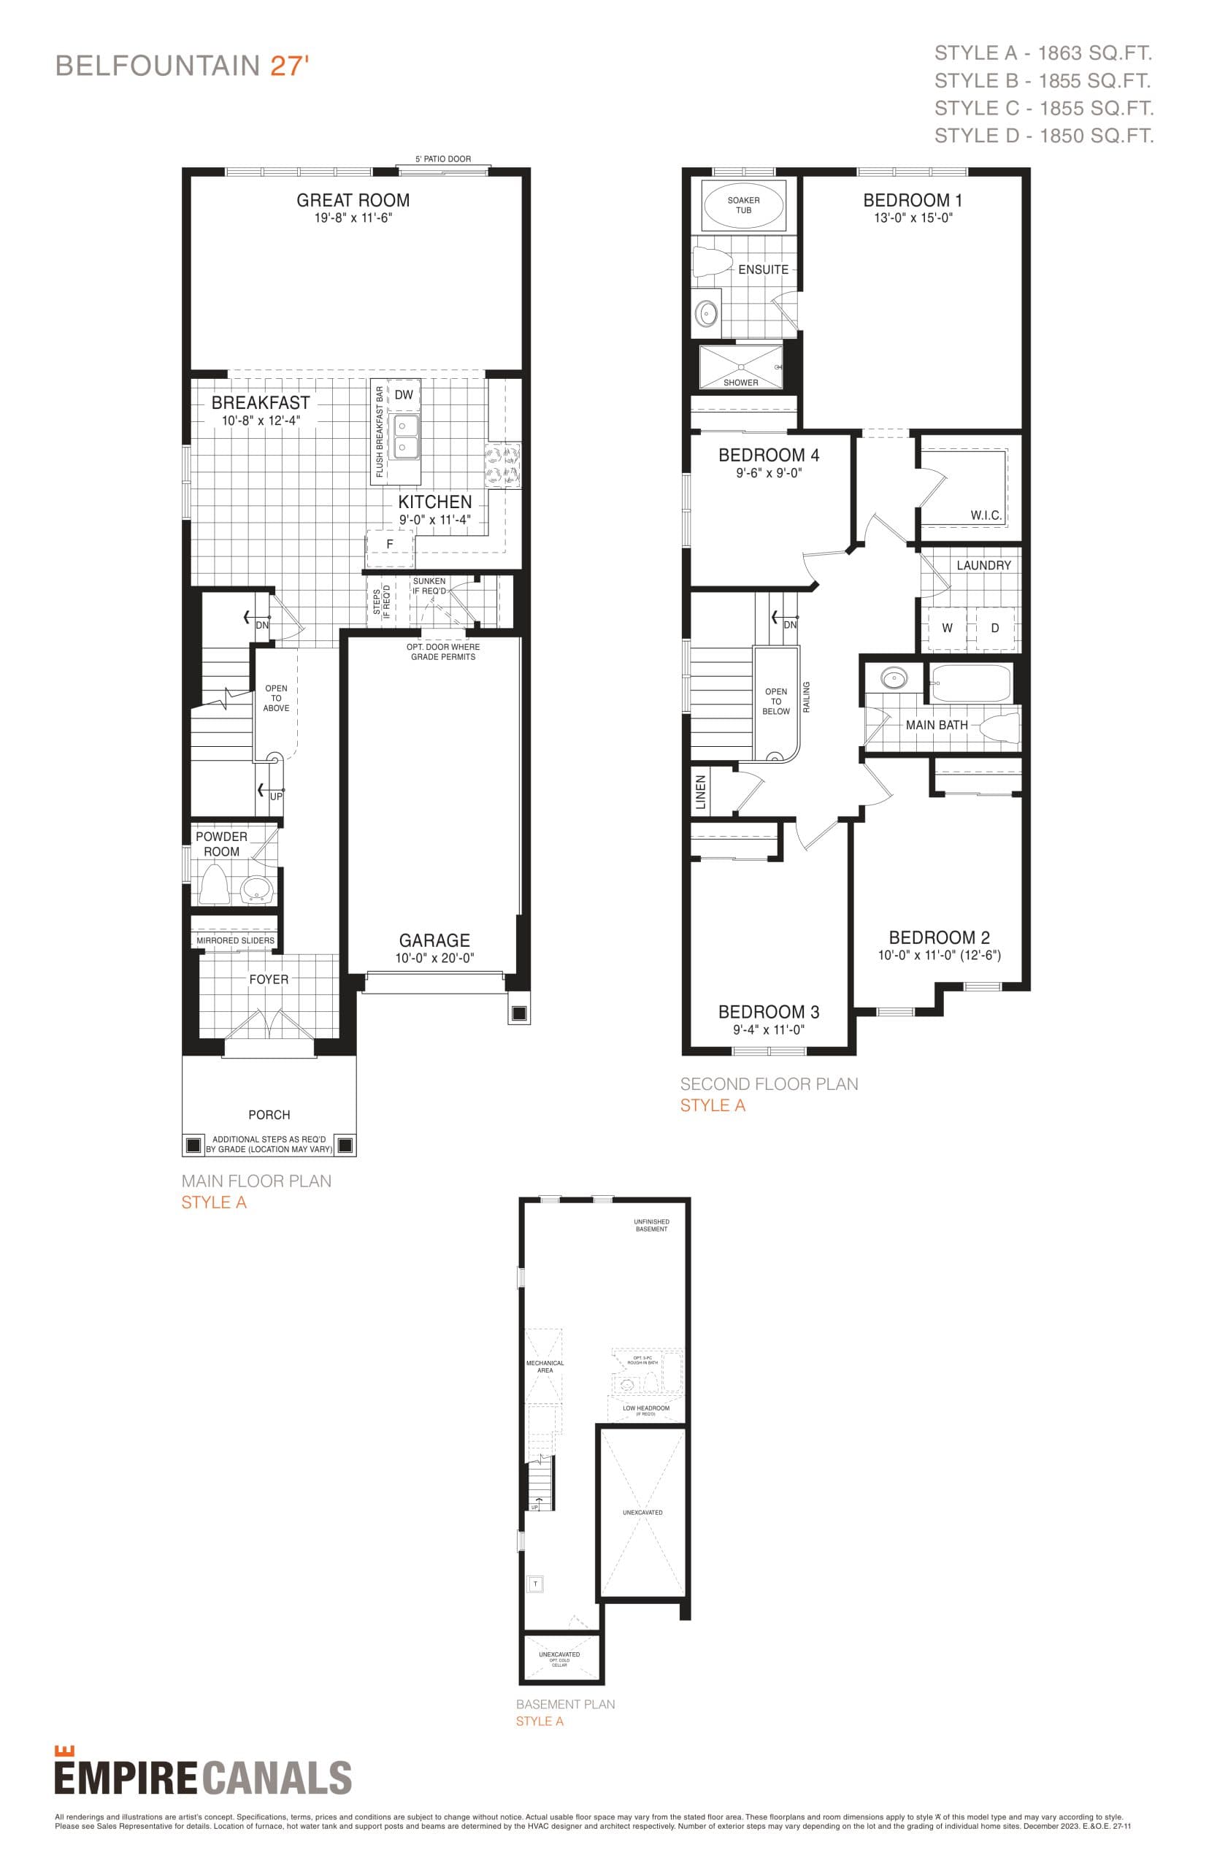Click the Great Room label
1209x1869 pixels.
pyautogui.click(x=353, y=200)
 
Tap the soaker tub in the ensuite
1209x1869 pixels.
pyautogui.click(x=742, y=206)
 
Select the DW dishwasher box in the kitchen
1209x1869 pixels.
pyautogui.click(x=404, y=395)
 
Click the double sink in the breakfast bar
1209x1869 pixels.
pyautogui.click(x=405, y=437)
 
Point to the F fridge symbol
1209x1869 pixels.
pyautogui.click(x=389, y=544)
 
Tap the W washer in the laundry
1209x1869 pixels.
pyautogui.click(x=947, y=628)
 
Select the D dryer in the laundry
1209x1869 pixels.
pyautogui.click(x=994, y=628)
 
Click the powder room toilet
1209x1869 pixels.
pyautogui.click(x=213, y=883)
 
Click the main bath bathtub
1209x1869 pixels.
pyautogui.click(x=971, y=683)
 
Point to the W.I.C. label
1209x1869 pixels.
pyautogui.click(x=986, y=515)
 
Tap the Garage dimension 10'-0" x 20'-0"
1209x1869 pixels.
pyautogui.click(x=434, y=958)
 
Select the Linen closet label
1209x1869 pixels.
pyautogui.click(x=701, y=791)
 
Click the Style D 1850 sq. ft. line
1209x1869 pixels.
pyautogui.click(x=1043, y=136)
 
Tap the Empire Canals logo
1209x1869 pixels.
pyautogui.click(x=202, y=1776)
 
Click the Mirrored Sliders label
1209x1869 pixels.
pyautogui.click(x=236, y=940)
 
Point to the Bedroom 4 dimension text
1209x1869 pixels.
pyautogui.click(x=769, y=473)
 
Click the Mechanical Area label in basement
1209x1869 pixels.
pyautogui.click(x=545, y=1367)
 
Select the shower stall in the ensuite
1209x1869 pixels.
pyautogui.click(x=741, y=366)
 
